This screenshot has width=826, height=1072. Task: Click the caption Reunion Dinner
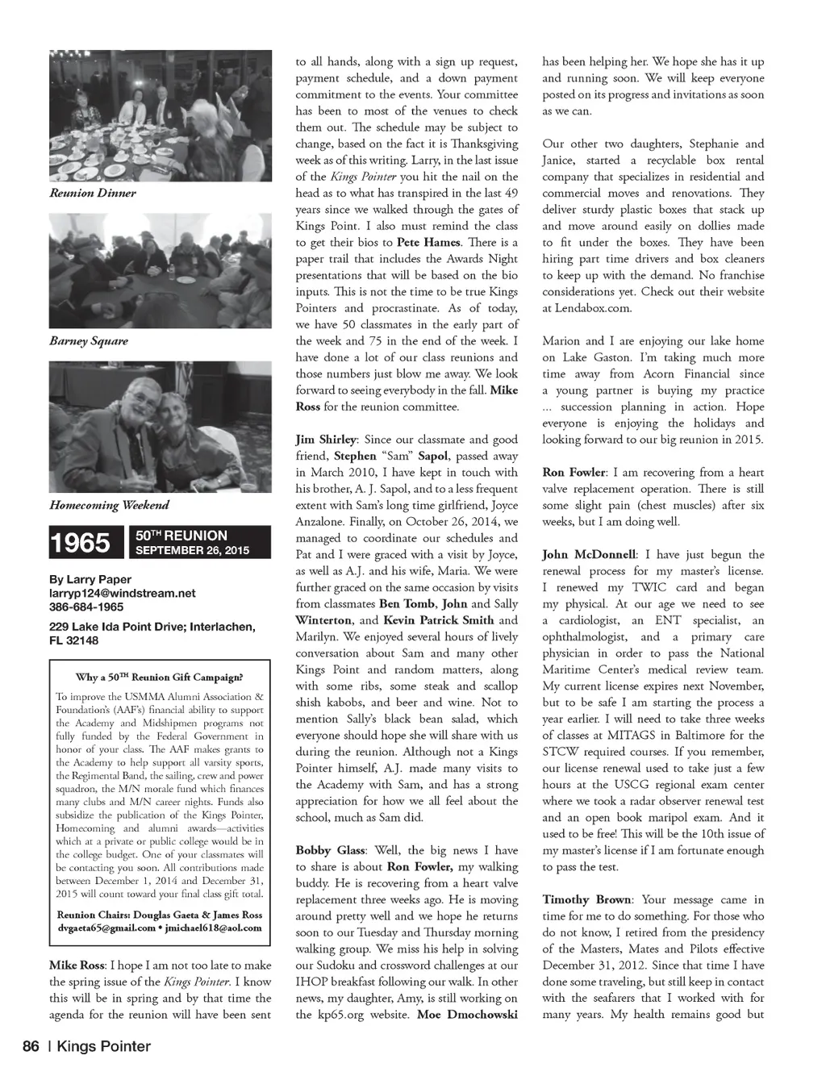tap(93, 194)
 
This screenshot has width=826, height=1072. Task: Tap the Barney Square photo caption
tap(89, 341)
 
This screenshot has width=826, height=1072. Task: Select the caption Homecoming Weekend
tap(110, 506)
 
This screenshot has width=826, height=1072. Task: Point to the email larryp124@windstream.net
tap(123, 594)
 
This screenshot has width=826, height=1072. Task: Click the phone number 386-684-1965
tap(86, 607)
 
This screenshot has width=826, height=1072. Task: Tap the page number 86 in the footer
tap(31, 1047)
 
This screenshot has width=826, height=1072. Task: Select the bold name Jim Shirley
tap(326, 440)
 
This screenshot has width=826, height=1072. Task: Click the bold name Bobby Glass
tap(329, 851)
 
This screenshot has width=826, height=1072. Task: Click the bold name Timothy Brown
tap(587, 900)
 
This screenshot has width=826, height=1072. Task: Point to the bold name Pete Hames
tap(429, 243)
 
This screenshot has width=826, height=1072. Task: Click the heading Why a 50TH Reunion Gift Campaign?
tap(159, 678)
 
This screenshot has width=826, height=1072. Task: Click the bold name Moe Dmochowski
tap(467, 1015)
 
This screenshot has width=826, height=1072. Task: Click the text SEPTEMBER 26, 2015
tap(193, 551)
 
